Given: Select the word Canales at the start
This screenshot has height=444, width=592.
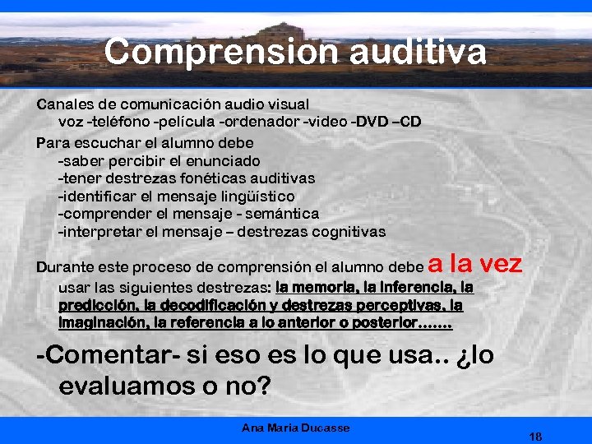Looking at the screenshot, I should [62, 104].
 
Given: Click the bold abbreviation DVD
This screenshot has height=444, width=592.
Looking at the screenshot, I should [371, 123].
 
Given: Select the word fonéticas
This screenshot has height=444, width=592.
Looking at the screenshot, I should [213, 178].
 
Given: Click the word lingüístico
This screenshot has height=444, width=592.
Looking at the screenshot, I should [256, 196].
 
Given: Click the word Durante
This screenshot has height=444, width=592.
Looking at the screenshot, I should [65, 268].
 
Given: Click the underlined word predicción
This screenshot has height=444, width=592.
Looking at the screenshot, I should [97, 305].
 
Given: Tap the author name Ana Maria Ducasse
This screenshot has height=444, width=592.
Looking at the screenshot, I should [295, 428].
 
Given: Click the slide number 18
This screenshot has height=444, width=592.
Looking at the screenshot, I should [536, 436].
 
